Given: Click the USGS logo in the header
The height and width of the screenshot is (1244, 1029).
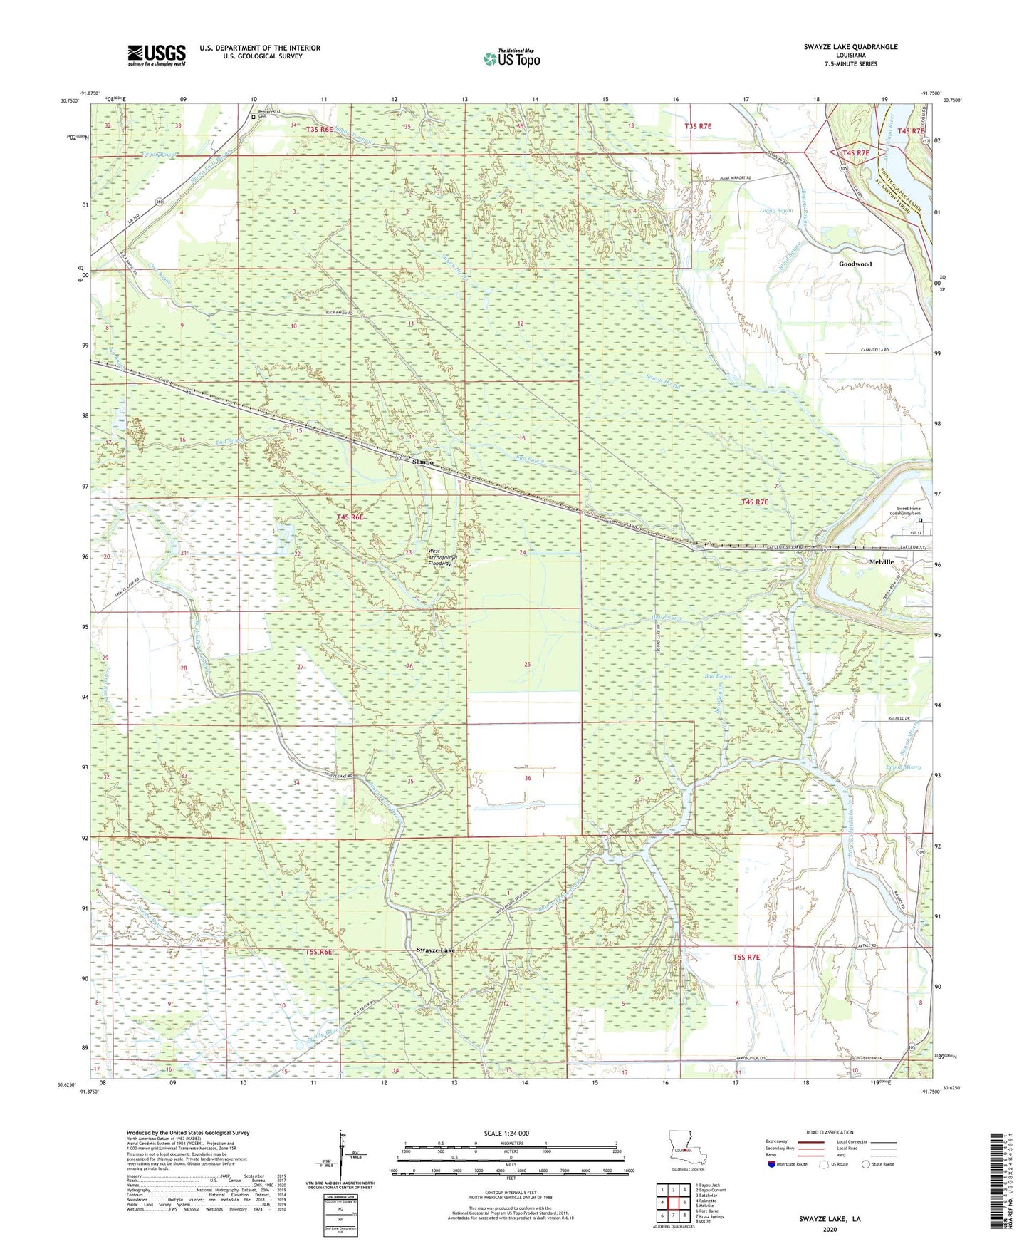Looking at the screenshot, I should click(157, 55).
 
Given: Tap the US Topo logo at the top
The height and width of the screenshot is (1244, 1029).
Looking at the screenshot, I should click(511, 58).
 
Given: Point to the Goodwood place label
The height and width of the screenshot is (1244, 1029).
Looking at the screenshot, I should click(855, 264).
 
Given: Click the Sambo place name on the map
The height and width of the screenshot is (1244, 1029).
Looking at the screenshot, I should click(423, 462).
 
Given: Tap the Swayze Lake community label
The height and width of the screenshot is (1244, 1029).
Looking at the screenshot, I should click(435, 950).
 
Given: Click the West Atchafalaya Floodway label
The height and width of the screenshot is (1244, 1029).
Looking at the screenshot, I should click(439, 557).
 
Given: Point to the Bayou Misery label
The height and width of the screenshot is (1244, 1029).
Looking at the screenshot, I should click(904, 767).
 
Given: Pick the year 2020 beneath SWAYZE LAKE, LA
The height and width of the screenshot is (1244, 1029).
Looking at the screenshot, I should click(830, 1229).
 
